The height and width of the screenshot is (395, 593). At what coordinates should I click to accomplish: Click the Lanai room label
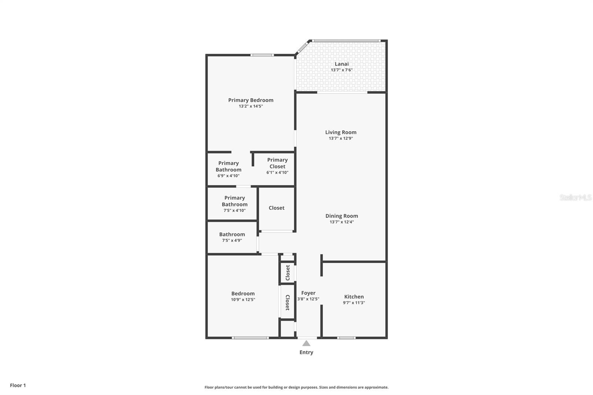(x=341, y=64)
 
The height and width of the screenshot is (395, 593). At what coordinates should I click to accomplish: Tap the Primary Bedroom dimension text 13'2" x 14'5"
(x=251, y=106)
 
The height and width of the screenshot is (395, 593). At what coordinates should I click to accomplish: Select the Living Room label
(x=341, y=132)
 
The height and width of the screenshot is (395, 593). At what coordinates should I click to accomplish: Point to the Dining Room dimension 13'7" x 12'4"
(x=341, y=222)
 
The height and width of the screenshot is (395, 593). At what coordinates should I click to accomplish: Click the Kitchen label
(x=354, y=296)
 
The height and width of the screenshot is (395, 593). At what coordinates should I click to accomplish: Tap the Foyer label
(x=308, y=293)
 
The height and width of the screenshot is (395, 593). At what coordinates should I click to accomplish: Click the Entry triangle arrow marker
(x=306, y=343)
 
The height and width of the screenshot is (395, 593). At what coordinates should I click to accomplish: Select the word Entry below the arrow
(x=306, y=352)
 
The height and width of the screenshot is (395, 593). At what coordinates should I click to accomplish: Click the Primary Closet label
(x=277, y=163)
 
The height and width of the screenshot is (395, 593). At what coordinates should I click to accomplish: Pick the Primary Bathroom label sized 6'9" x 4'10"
(x=228, y=166)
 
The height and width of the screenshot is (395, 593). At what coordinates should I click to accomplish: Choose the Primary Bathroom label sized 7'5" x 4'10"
(x=235, y=201)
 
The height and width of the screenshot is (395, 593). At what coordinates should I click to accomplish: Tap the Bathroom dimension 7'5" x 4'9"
(x=232, y=240)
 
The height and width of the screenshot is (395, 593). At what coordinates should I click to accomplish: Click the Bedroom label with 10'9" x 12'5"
(x=243, y=293)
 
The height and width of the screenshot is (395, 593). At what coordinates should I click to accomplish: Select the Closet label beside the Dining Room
(x=276, y=208)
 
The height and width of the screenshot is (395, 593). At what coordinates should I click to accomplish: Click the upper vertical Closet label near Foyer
(x=288, y=273)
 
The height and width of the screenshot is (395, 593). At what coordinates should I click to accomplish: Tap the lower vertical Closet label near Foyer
(x=288, y=302)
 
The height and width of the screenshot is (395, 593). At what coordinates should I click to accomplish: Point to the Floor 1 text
(x=18, y=385)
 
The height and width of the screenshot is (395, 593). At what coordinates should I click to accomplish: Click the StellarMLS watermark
(x=575, y=197)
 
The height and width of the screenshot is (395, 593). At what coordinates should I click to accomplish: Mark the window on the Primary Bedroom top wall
(x=262, y=55)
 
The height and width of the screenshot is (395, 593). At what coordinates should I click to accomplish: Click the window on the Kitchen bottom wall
(x=346, y=338)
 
